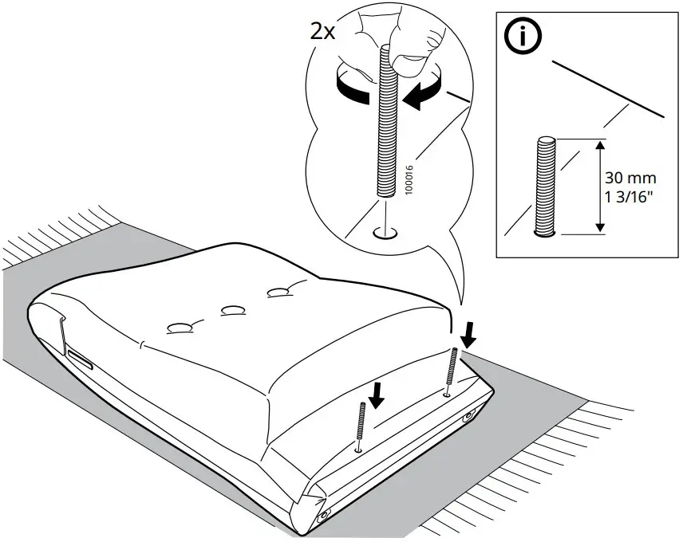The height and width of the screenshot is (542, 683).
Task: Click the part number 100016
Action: coord(409,181)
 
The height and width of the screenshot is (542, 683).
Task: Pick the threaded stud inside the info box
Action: coord(545,187)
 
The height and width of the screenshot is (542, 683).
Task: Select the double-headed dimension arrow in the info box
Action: coord(600,187)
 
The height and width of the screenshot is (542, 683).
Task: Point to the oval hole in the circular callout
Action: coord(385,234)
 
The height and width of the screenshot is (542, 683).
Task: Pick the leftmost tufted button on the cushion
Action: coord(179,327)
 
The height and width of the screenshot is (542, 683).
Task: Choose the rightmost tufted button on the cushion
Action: coord(279,293)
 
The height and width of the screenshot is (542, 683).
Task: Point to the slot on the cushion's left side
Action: coord(80,359)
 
